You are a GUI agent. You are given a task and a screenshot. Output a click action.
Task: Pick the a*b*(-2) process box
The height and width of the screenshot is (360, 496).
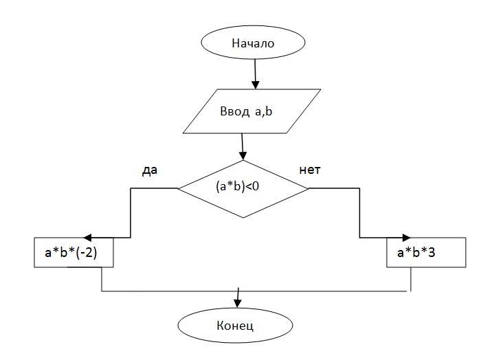pos(74,252)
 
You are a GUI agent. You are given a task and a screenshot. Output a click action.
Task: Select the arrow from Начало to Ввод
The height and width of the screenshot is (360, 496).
pos(256,74)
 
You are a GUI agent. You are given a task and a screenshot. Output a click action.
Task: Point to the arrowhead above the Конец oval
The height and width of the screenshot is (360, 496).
pos(238,300)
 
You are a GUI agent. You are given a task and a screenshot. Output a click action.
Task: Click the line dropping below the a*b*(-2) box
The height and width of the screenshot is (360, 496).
pos(102,279)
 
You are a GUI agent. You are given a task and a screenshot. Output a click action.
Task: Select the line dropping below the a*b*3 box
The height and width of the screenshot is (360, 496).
pos(411,279)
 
